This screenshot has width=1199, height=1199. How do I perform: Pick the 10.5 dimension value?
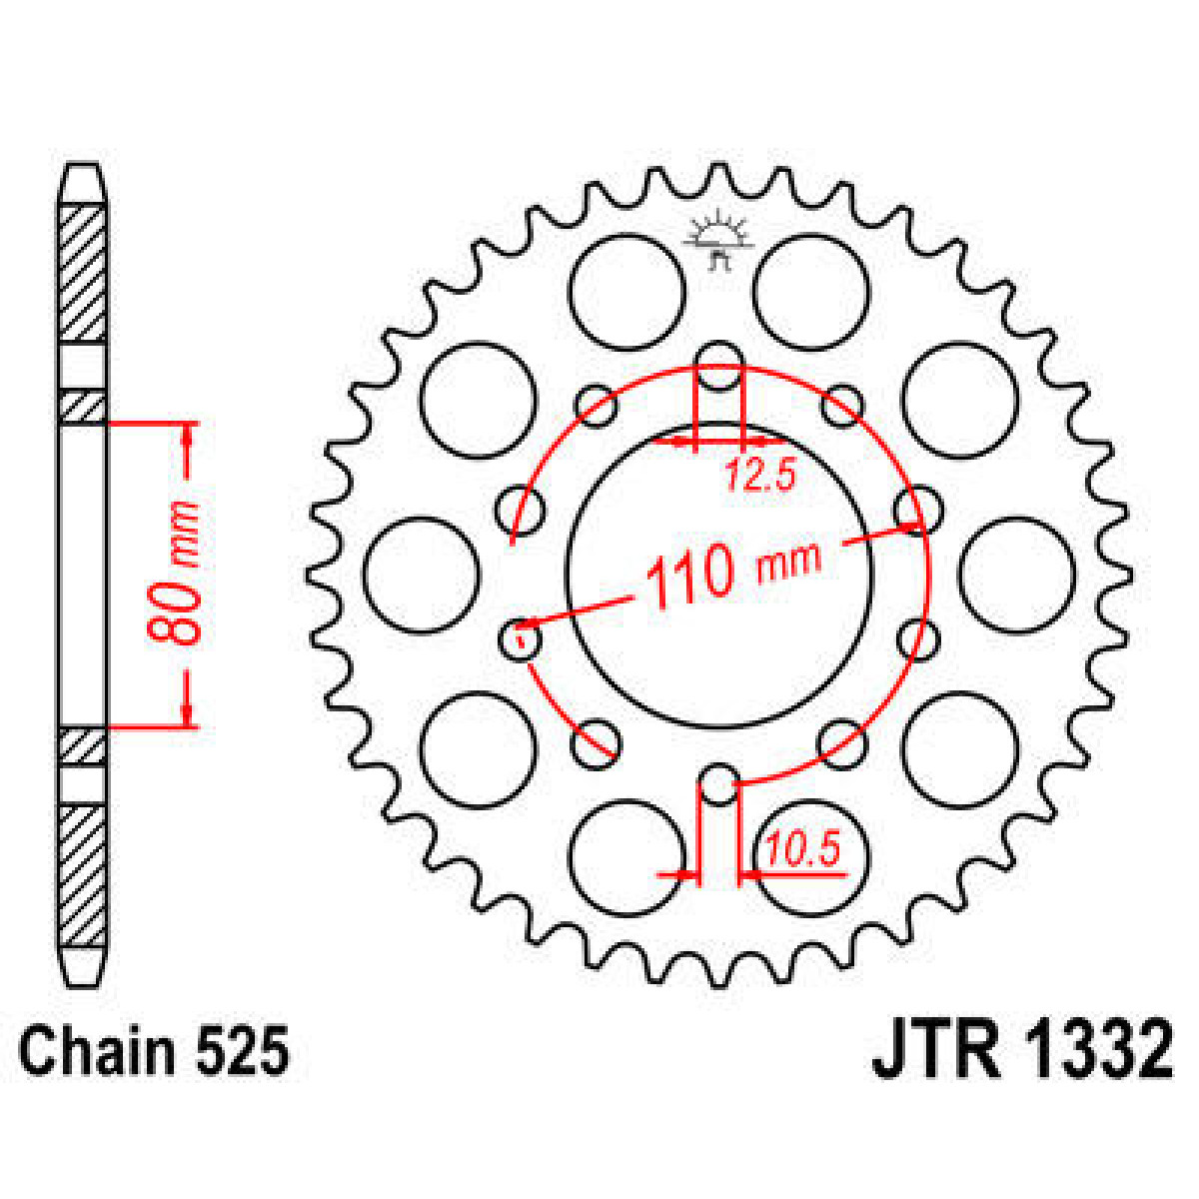(800, 851)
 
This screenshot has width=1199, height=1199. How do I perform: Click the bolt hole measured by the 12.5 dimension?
(718, 364)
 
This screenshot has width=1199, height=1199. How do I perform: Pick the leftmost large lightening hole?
(421, 576)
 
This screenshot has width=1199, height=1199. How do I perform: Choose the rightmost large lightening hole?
(1017, 576)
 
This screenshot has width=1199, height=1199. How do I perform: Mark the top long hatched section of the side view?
(82, 273)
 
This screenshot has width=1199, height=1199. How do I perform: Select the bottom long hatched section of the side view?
(82, 876)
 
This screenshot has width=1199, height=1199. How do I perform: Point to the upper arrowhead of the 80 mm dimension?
(188, 436)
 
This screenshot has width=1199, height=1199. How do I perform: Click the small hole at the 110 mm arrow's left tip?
(520, 636)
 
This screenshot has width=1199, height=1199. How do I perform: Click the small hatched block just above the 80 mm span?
(82, 406)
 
